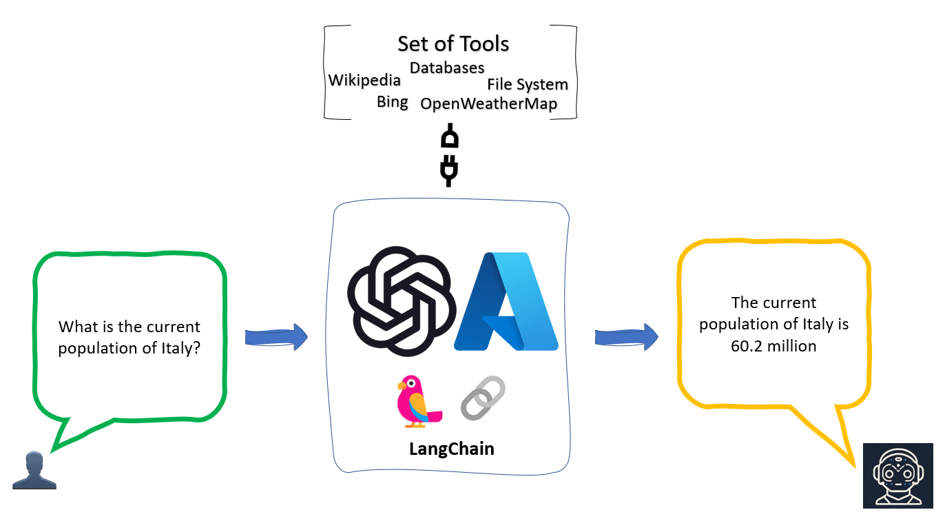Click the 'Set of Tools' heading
pos(453,43)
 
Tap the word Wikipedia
pos(364,80)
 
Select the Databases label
pos(447,68)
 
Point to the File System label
pos(528,84)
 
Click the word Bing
pos(392,102)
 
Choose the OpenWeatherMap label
pos(488,104)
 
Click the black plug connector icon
pos(449,155)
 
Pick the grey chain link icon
pos(483,398)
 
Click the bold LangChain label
pos(452,449)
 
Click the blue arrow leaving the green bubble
pos(276,337)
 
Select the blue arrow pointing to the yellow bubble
pos(625,337)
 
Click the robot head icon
pos(897,475)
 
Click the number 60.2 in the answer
pos(745,346)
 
